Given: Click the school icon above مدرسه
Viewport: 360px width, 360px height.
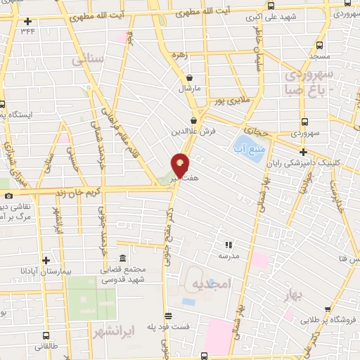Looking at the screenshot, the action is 228,245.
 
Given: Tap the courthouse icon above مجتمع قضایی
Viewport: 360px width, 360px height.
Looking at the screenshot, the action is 124,257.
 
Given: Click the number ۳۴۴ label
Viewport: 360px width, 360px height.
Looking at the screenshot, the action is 27,31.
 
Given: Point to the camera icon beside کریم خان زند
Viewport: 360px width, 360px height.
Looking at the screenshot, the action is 8,195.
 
